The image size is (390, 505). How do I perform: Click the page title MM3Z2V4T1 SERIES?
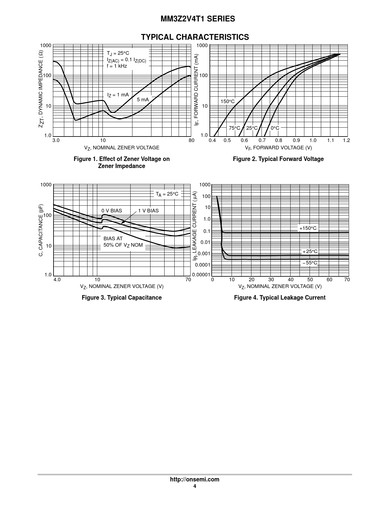coord(198,19)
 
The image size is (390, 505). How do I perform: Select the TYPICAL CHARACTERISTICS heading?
coord(195,37)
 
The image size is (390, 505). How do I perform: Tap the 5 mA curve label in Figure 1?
coord(143,100)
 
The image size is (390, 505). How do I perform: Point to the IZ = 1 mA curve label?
coord(118,95)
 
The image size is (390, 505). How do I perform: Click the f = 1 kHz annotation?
coord(117,66)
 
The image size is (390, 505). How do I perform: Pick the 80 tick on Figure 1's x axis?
coord(191,140)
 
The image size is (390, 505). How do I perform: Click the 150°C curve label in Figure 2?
coord(227,101)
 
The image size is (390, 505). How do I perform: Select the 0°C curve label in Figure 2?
coord(275,128)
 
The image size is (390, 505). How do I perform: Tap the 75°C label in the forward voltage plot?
coord(234,128)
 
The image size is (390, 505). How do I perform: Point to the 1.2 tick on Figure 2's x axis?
coord(346,140)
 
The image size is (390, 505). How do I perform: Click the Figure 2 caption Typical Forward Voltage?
coord(278,159)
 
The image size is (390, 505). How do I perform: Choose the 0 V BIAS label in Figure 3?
coord(112,211)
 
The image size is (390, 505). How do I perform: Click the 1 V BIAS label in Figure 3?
coord(148,211)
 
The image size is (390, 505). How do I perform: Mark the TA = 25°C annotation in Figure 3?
coord(167,194)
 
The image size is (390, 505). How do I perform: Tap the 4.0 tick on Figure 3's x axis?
coord(57,279)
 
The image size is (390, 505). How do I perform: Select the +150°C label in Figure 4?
coord(308,228)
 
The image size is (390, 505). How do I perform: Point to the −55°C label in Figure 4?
coord(310,263)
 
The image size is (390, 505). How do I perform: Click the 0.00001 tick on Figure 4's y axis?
coord(201,275)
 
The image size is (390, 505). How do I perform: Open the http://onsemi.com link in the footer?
coord(195,479)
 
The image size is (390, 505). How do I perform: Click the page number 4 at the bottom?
coord(195,486)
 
